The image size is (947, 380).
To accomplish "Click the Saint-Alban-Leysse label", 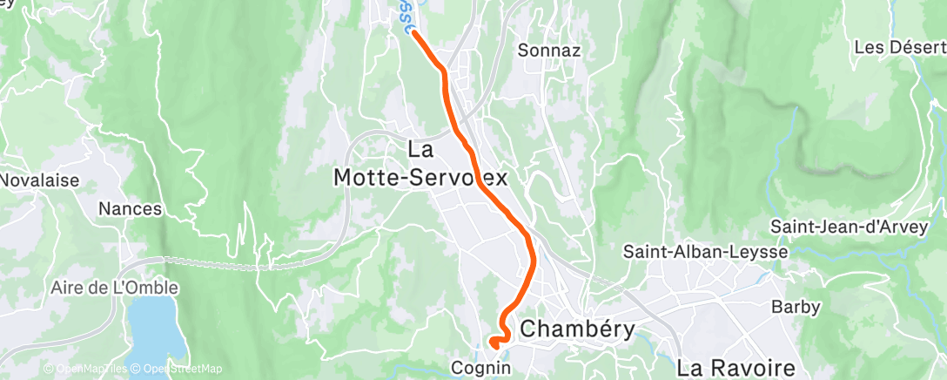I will click(705, 252).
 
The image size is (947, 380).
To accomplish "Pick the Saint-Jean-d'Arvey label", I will click(857, 227).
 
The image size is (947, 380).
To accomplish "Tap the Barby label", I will click(792, 307).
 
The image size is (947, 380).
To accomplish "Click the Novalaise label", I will click(38, 180).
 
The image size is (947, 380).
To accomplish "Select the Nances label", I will click(130, 209).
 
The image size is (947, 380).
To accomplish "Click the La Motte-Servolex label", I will click(420, 164).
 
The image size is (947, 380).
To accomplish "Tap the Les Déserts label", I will click(900, 46).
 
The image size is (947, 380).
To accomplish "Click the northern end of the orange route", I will click(413, 33).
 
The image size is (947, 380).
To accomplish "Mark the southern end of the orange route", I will click(494, 342).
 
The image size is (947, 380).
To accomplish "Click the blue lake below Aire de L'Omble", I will click(157, 331).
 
